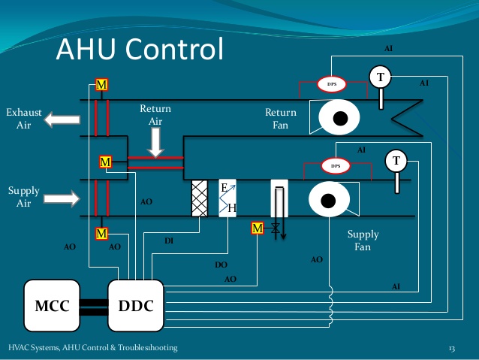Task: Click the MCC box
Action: tap(52, 306)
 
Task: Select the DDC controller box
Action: tap(136, 306)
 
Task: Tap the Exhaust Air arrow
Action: tap(62, 119)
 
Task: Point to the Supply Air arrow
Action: tap(62, 198)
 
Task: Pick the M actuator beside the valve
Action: tap(258, 228)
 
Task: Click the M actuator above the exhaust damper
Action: tap(101, 84)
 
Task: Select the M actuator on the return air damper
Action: tap(105, 162)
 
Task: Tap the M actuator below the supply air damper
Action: tap(101, 234)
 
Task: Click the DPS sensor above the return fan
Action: tap(332, 84)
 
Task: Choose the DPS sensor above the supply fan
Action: tap(336, 166)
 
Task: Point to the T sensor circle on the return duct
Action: tap(381, 77)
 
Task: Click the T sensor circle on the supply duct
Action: tap(396, 161)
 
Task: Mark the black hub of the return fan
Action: tap(340, 118)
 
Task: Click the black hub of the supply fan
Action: tap(328, 201)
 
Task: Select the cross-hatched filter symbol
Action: tap(200, 198)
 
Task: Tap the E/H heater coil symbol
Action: tap(227, 198)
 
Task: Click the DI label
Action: tap(169, 241)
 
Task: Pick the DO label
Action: tap(221, 265)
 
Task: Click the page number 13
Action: tap(452, 349)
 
